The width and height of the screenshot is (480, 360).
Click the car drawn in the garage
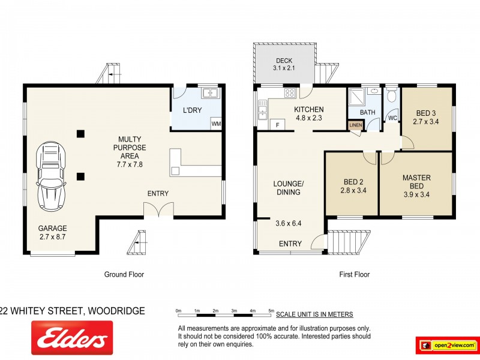point(51,176)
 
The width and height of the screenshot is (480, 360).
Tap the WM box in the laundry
point(216,124)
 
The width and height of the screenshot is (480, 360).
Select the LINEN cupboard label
point(355,125)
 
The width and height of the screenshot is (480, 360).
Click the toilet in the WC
point(392,95)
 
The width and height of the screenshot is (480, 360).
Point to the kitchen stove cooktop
point(290,93)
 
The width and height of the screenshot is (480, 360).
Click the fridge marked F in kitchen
point(278,125)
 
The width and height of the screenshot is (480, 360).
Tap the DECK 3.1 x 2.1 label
point(284,64)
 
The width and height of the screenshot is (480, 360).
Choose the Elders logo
point(72,338)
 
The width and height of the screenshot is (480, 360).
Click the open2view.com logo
point(447,346)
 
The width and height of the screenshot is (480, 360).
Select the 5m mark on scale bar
point(271,311)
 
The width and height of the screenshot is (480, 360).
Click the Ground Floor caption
point(124,274)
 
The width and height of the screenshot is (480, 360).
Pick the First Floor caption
point(354,274)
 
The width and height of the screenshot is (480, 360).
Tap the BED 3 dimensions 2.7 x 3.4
point(425,122)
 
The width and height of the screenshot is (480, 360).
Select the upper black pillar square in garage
point(80,134)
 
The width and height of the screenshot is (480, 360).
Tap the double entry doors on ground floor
point(158,209)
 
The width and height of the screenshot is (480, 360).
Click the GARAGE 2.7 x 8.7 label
point(53,232)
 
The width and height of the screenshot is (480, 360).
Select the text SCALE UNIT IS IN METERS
point(314,314)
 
